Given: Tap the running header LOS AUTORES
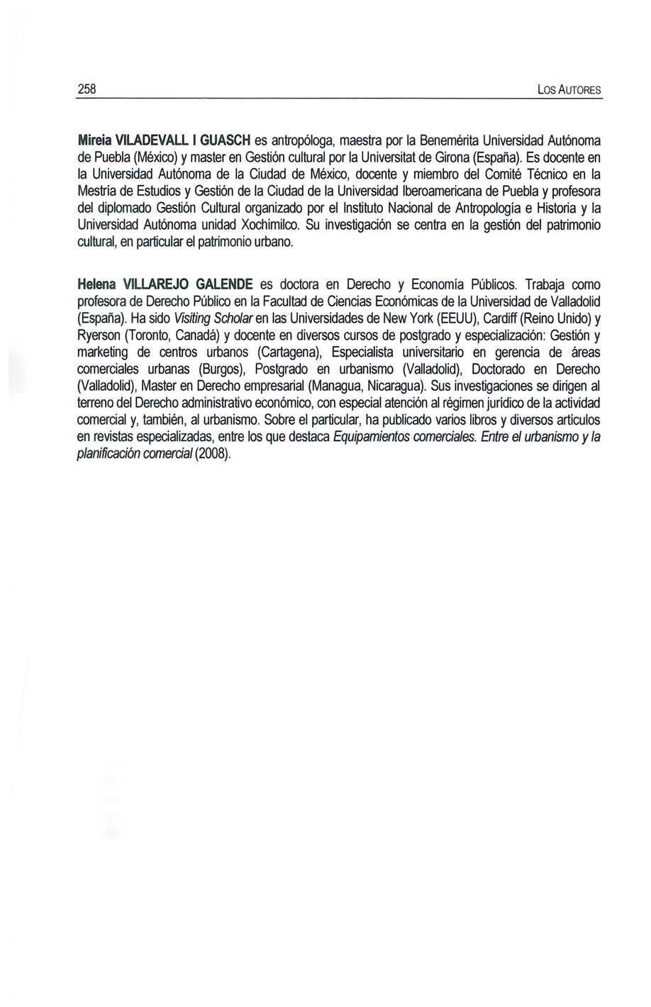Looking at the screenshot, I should click(x=569, y=91).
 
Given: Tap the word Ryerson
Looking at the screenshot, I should click(x=99, y=335).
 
